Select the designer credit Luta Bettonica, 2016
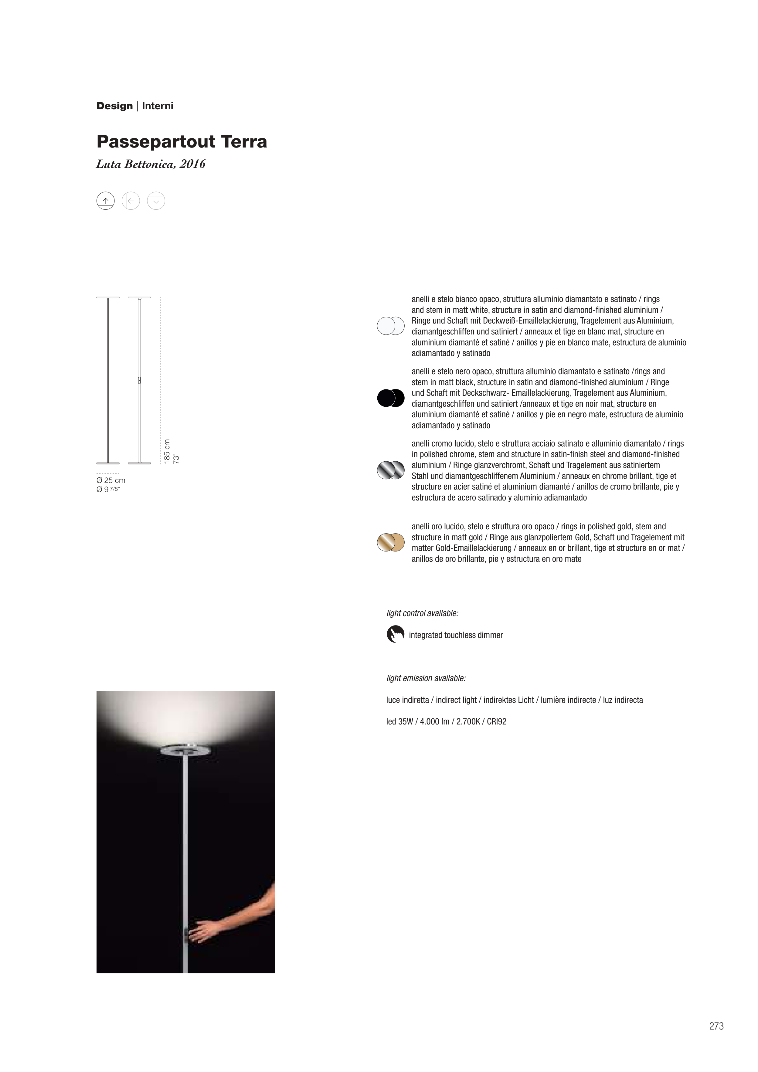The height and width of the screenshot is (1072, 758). (x=151, y=164)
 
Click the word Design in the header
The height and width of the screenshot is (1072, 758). (x=114, y=106)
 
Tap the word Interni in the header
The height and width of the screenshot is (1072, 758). (x=157, y=106)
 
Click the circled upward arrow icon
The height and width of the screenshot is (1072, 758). (x=106, y=201)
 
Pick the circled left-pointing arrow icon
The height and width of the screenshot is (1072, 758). (x=131, y=201)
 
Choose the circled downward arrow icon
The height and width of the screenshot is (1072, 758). (x=156, y=201)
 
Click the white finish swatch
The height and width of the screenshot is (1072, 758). (x=390, y=326)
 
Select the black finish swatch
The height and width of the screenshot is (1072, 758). (x=390, y=398)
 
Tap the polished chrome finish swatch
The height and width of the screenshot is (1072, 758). (x=390, y=470)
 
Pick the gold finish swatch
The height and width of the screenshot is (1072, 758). (x=390, y=542)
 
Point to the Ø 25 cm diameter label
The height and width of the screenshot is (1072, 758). (x=111, y=480)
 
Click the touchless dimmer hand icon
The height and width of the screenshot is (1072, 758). (x=395, y=634)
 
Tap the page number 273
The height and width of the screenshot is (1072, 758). (x=716, y=1026)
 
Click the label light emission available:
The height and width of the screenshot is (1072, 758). (x=426, y=678)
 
